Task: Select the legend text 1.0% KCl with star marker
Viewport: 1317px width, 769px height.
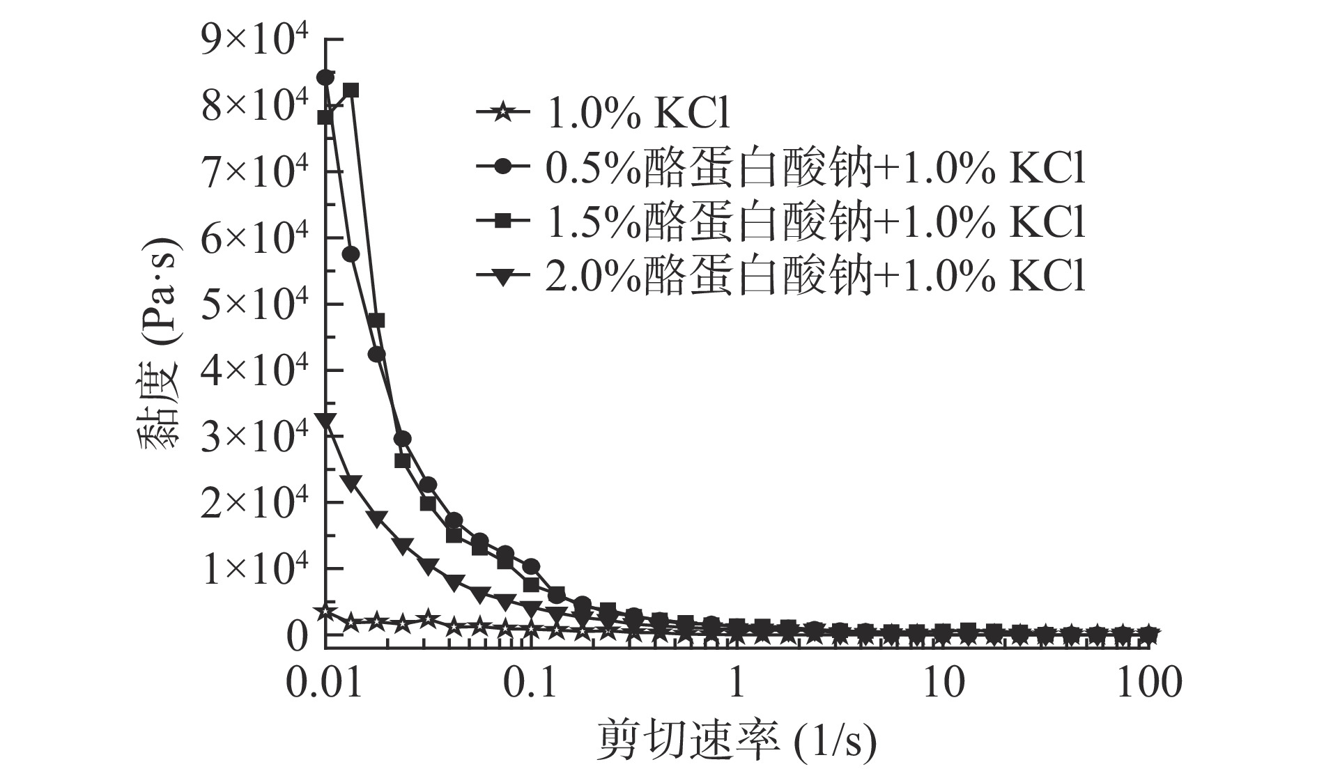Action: click(x=638, y=113)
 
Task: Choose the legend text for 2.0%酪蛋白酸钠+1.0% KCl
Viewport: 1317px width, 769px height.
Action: click(x=815, y=276)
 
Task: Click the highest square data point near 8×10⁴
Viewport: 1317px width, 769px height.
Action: click(x=351, y=90)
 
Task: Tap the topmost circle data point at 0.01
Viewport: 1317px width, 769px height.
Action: click(x=325, y=77)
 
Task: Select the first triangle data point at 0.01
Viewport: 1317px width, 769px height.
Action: click(x=325, y=420)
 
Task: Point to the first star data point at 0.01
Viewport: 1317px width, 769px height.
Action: click(x=325, y=612)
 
